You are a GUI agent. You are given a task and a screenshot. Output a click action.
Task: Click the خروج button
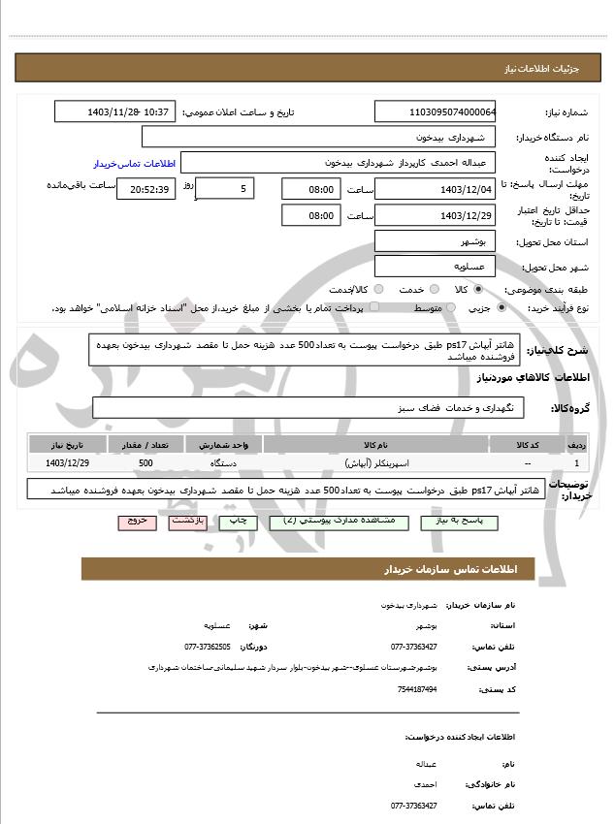coord(137,522)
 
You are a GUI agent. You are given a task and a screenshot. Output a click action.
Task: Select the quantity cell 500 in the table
coord(146,464)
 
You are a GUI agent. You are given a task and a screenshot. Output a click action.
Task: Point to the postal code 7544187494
coord(416,689)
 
